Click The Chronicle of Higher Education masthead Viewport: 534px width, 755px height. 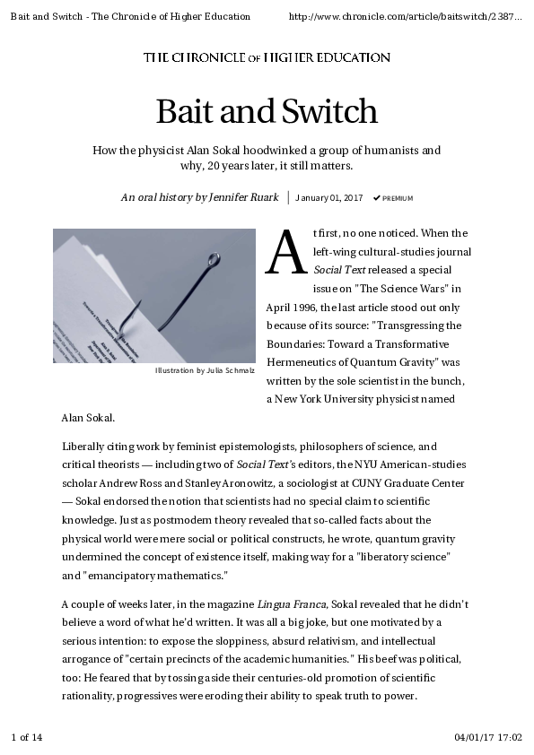point(267,57)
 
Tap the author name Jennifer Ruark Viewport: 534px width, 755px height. point(244,197)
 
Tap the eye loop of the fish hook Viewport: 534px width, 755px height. point(214,260)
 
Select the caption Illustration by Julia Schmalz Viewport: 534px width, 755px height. point(205,369)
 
